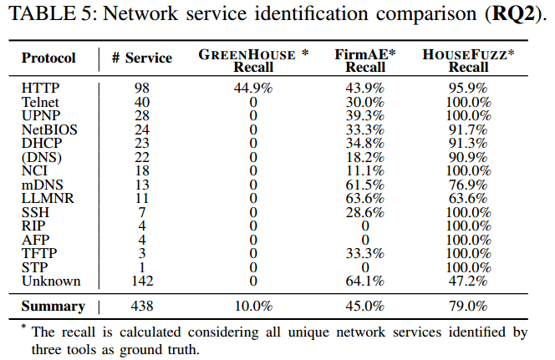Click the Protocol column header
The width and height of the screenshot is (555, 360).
pyautogui.click(x=48, y=58)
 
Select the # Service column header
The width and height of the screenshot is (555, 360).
pyautogui.click(x=141, y=58)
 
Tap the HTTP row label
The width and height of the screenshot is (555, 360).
pyautogui.click(x=41, y=87)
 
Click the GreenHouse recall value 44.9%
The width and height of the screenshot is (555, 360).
pyautogui.click(x=253, y=87)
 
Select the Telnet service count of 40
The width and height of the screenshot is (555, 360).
pyautogui.click(x=141, y=101)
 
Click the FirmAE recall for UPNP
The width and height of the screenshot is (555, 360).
pyautogui.click(x=365, y=115)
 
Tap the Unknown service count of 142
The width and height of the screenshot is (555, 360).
pyautogui.click(x=141, y=281)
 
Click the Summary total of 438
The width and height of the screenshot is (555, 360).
pyautogui.click(x=141, y=307)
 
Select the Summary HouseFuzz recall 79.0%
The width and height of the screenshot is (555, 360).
pyautogui.click(x=468, y=307)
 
